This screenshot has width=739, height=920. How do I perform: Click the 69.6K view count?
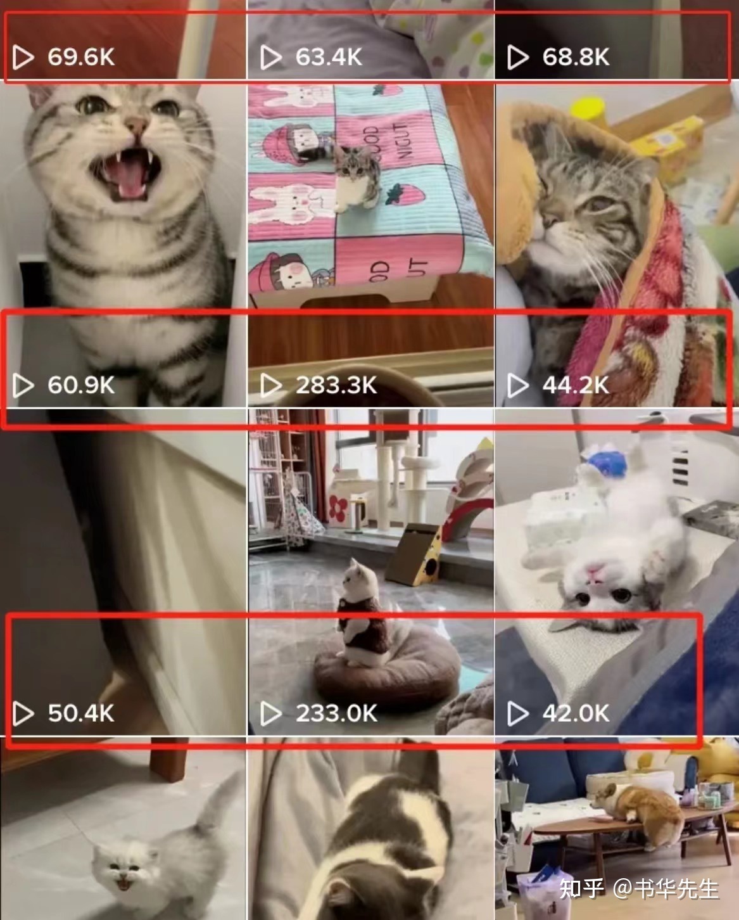point(81,57)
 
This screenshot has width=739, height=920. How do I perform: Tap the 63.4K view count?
point(329,57)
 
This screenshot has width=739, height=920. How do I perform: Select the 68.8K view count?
point(576,57)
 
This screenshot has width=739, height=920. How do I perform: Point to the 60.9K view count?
point(81,385)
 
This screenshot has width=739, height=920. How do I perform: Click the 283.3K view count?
point(336,385)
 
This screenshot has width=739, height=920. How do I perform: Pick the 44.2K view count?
point(576,385)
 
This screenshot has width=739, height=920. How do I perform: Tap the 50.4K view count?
point(81,713)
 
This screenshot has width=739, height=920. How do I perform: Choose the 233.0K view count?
point(336,713)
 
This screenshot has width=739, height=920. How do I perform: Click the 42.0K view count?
point(576,713)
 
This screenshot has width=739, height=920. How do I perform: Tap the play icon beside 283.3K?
point(270,385)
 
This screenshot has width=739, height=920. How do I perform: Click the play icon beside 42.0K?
point(517,713)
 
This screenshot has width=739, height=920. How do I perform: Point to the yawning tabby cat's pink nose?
point(137,124)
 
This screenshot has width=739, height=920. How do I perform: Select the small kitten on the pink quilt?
point(356,179)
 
